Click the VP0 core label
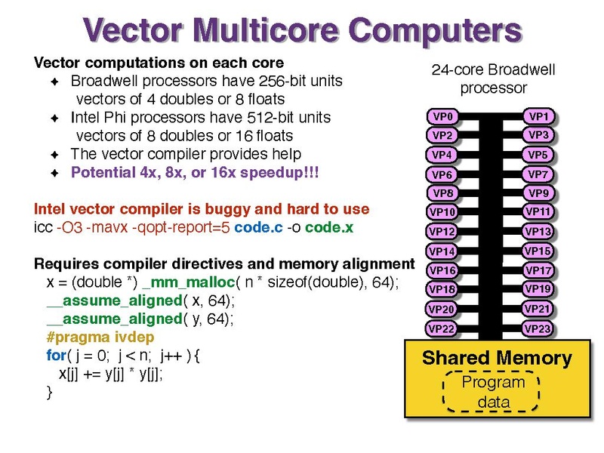pos(442,116)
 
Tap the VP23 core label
pos(538,328)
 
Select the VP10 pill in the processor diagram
pos(442,212)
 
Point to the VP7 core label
pos(538,174)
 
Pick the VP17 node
pos(538,270)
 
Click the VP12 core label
pos(442,232)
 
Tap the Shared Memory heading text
pos(497,358)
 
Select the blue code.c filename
pos(258,227)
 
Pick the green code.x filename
pos(329,227)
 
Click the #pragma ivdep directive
pos(100,337)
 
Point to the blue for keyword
pos(56,355)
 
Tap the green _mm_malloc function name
pos(188,282)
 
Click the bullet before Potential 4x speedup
pos(54,173)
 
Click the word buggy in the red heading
pos(227,209)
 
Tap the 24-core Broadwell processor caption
pos(494,79)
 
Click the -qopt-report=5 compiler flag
pos(181,227)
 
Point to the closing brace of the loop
pos(49,393)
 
